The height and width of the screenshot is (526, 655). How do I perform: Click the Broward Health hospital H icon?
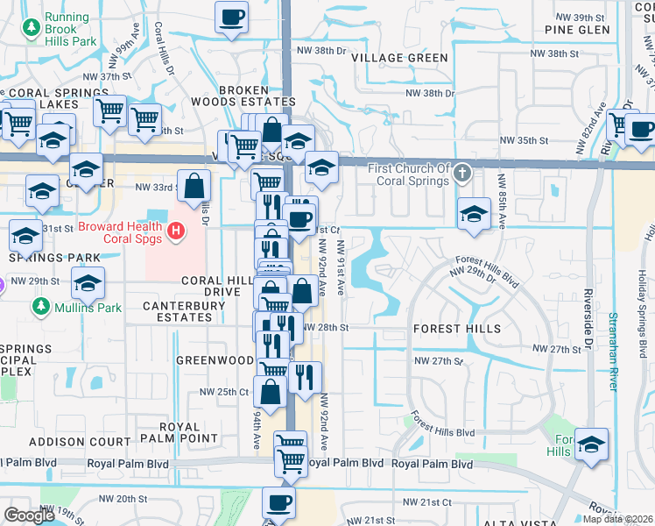pyautogui.click(x=177, y=231)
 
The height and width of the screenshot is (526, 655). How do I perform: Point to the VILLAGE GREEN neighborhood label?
pyautogui.click(x=399, y=58)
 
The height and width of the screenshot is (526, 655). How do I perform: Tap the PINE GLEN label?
pyautogui.click(x=576, y=30)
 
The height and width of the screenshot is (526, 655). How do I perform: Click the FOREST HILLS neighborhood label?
pyautogui.click(x=456, y=329)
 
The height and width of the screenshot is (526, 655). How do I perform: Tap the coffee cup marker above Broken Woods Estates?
pyautogui.click(x=232, y=18)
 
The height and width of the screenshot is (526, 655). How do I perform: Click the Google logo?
pyautogui.click(x=29, y=515)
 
